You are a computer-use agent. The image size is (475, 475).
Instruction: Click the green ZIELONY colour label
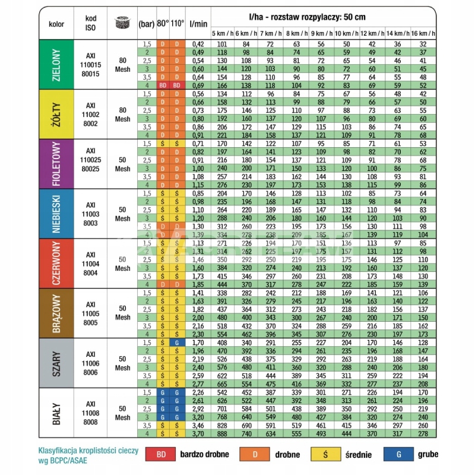point(56,64)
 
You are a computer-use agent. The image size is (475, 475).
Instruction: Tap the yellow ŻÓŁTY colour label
point(56,114)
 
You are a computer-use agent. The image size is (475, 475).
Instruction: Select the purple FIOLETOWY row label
point(56,164)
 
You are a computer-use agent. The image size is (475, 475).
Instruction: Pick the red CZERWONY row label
point(56,263)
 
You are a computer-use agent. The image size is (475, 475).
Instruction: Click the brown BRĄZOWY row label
point(56,313)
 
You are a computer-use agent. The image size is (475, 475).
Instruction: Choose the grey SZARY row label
point(56,363)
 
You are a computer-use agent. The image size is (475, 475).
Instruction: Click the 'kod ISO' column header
point(90,24)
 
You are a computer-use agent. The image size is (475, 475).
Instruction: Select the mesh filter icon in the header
point(122,24)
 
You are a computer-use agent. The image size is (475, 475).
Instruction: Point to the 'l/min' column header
point(198,24)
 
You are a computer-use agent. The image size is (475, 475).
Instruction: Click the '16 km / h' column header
point(423,33)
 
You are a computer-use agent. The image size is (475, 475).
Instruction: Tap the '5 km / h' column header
point(223,33)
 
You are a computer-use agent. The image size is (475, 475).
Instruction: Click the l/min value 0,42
point(198,44)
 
